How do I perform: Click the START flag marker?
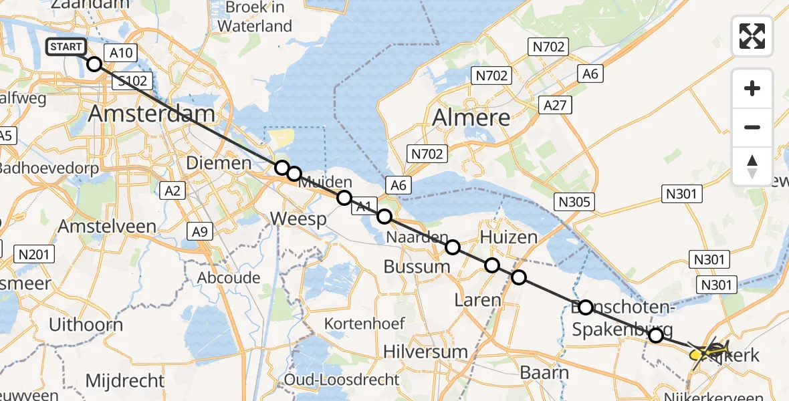point(66,47)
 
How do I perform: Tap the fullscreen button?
point(752,36)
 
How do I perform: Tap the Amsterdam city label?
point(152,114)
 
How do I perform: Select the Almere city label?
point(471,118)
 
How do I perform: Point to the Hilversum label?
point(425,352)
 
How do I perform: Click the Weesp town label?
point(298,219)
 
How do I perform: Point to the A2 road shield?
point(172,191)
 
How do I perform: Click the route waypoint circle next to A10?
point(94,64)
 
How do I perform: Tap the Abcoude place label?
point(229,277)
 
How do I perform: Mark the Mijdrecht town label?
point(124,381)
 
